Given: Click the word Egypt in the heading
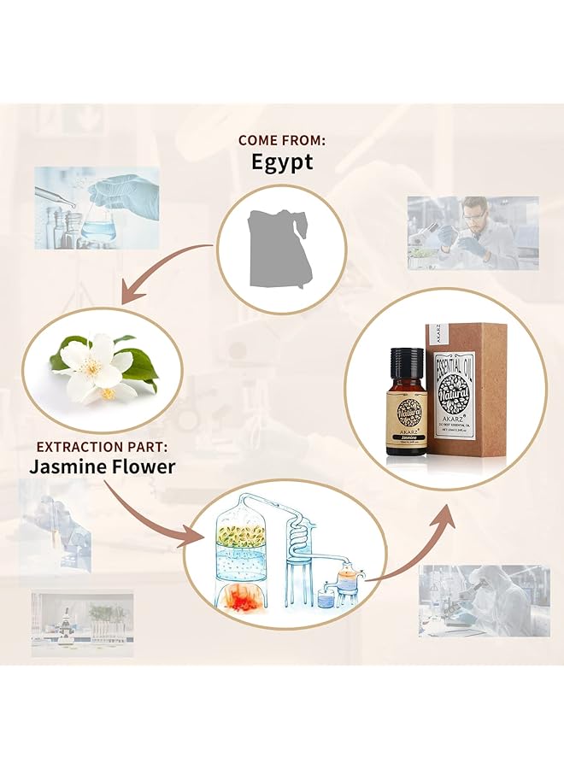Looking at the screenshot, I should tap(282, 162).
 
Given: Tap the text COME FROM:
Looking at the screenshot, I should tap(281, 139).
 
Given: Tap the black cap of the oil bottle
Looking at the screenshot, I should tap(407, 357).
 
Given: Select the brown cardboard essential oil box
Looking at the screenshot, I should tap(467, 390).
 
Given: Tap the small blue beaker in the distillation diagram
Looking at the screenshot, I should tap(325, 600).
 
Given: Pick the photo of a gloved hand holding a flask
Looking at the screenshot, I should tap(96, 207).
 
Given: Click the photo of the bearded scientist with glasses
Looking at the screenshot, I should tap(473, 232).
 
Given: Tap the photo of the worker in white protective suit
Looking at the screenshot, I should tap(484, 600).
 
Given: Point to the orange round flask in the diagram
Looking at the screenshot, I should tap(345, 581).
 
